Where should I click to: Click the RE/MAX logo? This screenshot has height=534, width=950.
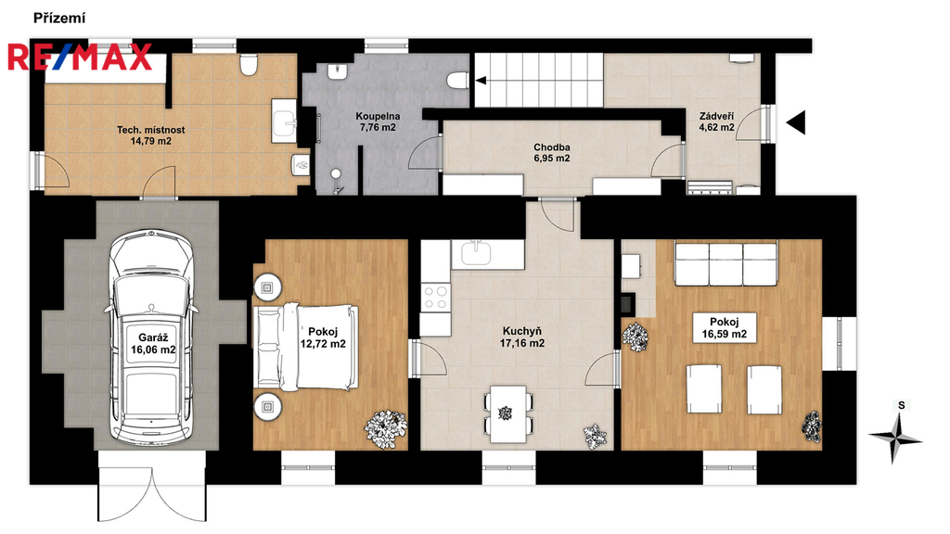tap(80, 57)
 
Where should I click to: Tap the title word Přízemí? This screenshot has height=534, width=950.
tap(59, 19)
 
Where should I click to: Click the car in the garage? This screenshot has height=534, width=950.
tap(152, 336)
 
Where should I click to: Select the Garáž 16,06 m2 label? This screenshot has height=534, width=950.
tap(153, 344)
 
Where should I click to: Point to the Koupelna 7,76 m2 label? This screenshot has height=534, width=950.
tap(378, 121)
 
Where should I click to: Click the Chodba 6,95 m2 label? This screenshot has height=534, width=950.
tap(551, 153)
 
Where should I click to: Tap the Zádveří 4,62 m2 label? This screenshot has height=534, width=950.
tap(717, 121)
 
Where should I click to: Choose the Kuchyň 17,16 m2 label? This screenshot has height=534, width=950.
tap(521, 337)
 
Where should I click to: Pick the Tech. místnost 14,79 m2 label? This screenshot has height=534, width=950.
tap(151, 135)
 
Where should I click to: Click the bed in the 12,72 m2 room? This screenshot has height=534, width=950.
tap(306, 347)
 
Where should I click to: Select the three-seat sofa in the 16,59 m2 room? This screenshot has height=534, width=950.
tap(725, 264)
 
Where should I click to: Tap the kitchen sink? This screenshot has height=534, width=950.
tap(476, 253)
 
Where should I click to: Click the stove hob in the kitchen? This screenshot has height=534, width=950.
tap(436, 298)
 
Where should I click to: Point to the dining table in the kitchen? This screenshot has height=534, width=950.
tap(507, 413)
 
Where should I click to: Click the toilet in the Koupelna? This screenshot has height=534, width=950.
tap(457, 80)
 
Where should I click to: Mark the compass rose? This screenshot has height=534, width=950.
tap(895, 437)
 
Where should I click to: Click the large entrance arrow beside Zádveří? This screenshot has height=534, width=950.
tap(796, 123)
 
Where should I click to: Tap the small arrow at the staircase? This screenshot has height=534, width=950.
tap(481, 80)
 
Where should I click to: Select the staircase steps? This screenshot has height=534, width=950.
tap(539, 80)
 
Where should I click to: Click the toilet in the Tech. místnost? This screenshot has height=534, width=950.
tap(249, 65)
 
